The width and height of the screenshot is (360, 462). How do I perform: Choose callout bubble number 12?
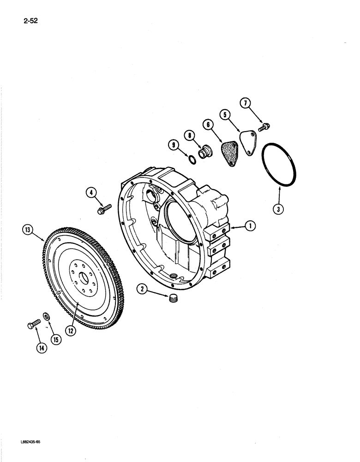71,331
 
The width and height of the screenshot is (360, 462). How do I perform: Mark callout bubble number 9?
174,146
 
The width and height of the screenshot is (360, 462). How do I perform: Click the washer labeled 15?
47,317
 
